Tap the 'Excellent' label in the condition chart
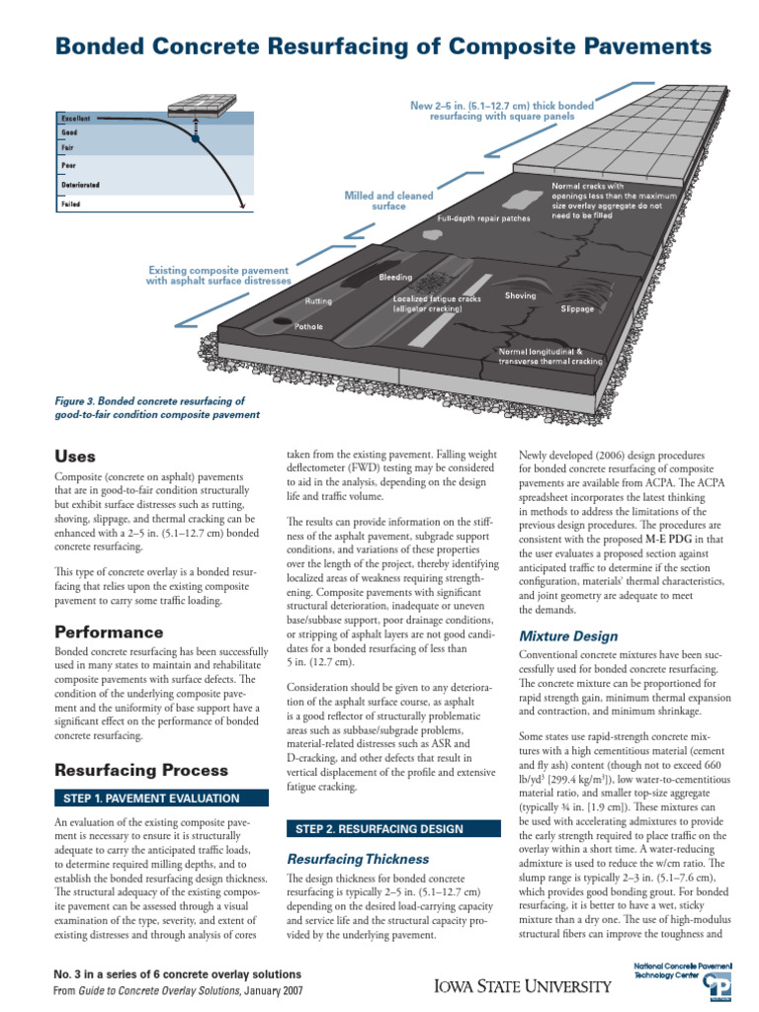click(77, 118)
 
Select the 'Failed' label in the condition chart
click(71, 205)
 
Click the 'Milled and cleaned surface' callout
click(375, 202)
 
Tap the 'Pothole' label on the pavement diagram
click(309, 326)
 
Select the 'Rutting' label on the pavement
click(318, 300)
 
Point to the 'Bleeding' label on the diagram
click(396, 277)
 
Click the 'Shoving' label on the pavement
click(520, 295)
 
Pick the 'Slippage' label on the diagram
click(578, 308)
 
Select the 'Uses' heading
click(75, 456)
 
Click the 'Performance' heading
click(109, 631)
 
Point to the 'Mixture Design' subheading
click(568, 635)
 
